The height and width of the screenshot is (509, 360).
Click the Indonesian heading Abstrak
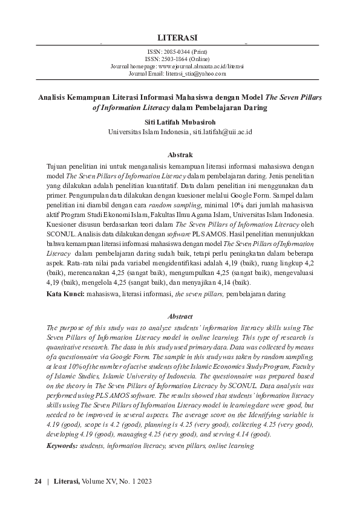[x=180, y=154]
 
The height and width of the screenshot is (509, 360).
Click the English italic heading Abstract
[x=180, y=316]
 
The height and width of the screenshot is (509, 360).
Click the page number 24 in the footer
[x=38, y=481]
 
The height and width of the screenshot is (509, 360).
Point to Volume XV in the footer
[x=99, y=481]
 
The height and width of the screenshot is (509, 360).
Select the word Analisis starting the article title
[x=54, y=97]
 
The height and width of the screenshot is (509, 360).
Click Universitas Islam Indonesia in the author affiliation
[x=148, y=131]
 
